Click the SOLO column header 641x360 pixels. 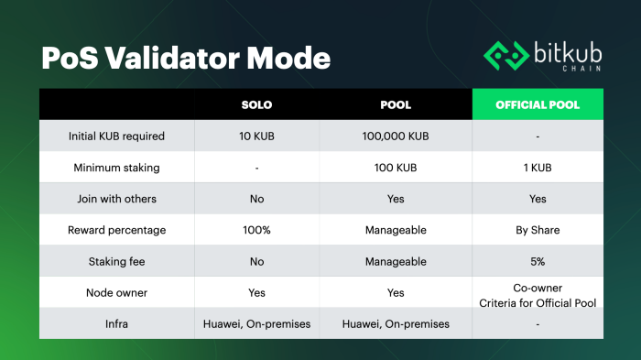[256, 104]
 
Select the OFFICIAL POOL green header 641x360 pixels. [538, 104]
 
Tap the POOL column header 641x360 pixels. [396, 104]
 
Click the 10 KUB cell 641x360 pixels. [256, 136]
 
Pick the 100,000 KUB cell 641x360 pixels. [396, 136]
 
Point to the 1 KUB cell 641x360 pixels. [538, 168]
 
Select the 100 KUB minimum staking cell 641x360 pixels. [396, 168]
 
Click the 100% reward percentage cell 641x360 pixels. [256, 230]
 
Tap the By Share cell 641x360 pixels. [538, 230]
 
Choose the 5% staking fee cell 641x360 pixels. [538, 261]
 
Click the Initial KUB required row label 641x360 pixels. [116, 136]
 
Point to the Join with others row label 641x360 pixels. [116, 199]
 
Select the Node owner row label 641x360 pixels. [116, 292]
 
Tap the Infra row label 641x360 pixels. [116, 324]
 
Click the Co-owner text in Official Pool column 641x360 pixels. [538, 288]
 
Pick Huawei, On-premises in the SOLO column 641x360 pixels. [256, 324]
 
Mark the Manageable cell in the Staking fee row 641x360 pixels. [396, 261]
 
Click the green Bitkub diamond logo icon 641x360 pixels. [506, 56]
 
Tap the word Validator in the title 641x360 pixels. [172, 58]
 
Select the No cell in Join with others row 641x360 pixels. [256, 199]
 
